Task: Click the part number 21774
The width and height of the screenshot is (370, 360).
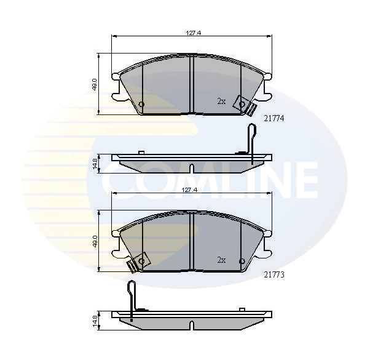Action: (274, 118)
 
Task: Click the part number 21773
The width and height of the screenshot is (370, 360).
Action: (274, 274)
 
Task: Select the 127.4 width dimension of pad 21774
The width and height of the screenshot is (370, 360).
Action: (193, 33)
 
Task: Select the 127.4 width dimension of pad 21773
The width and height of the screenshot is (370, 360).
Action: (189, 190)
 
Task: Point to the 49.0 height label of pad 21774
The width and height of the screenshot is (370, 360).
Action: (95, 84)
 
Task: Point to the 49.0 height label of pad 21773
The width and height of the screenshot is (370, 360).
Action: (95, 241)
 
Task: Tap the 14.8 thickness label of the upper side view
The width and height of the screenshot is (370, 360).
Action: (95, 164)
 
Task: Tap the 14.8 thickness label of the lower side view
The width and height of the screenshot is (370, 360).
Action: (95, 320)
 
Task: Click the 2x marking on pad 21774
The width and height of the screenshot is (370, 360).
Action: (221, 102)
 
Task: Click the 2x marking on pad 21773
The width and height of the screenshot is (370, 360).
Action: (221, 260)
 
